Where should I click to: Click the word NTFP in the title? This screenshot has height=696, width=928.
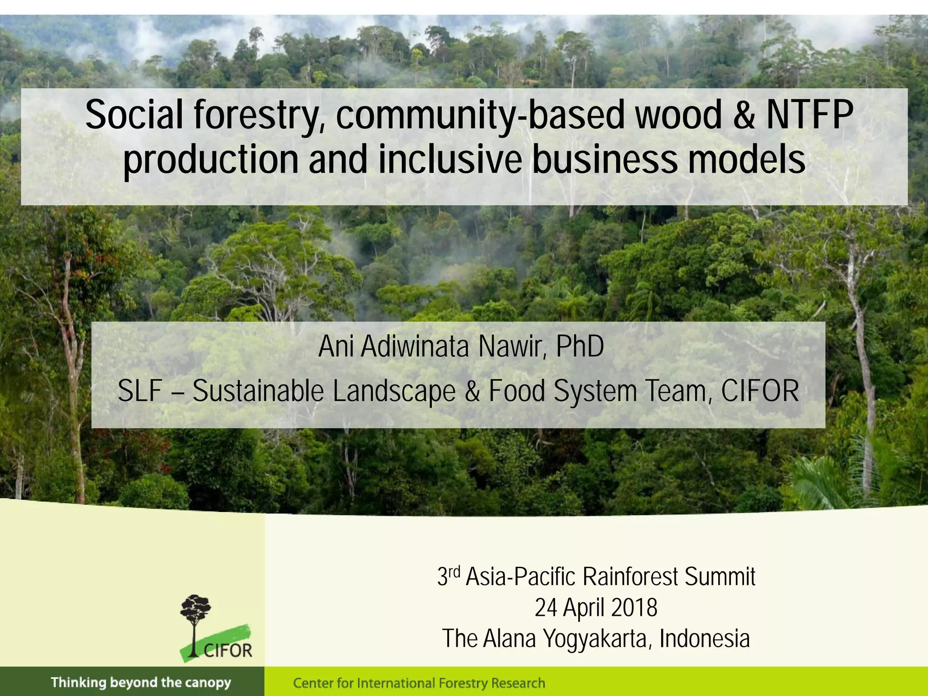click(x=809, y=115)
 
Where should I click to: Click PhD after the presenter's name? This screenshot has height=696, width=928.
click(x=580, y=347)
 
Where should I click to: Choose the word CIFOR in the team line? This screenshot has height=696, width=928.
click(x=760, y=391)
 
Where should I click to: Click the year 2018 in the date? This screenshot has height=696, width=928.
click(x=634, y=608)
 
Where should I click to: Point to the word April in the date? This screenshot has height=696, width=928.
click(x=583, y=609)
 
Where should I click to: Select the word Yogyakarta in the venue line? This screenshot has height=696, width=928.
click(x=597, y=639)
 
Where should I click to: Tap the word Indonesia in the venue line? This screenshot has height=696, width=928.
click(x=705, y=638)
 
